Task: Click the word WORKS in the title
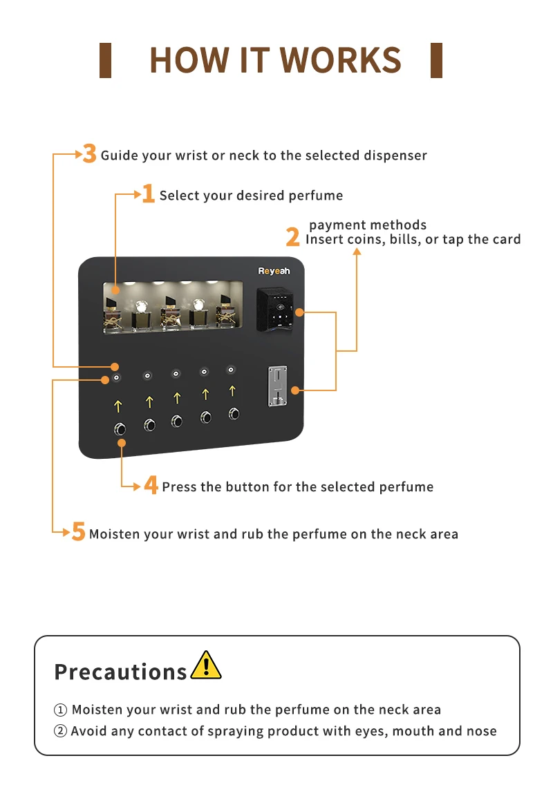pos(341,60)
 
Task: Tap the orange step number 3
pos(90,153)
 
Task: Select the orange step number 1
pos(148,193)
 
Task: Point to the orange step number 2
pos(292,237)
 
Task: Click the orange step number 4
pos(151,484)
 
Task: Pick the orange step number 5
pos(79,531)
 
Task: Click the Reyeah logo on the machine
pos(274,271)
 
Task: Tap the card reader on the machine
pos(275,310)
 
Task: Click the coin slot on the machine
pos(277,386)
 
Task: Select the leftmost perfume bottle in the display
pos(113,314)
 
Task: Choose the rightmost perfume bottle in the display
pos(225,311)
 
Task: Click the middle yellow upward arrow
pos(177,398)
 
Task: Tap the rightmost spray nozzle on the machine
pos(231,370)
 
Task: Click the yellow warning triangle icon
pos(206,665)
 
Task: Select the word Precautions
pos(120,672)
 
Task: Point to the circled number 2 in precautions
pos(60,731)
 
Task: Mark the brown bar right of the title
pos(436,60)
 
